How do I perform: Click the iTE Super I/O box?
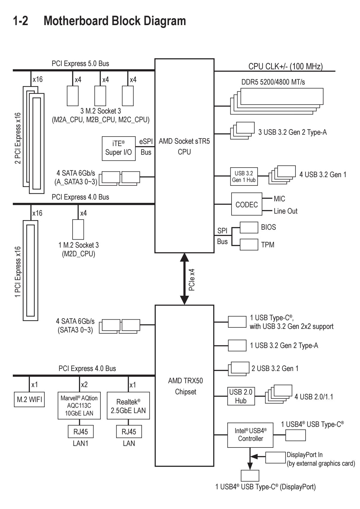(119, 148)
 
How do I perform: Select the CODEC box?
(246, 204)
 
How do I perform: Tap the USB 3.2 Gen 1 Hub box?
(244, 177)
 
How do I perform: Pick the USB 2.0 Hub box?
(241, 396)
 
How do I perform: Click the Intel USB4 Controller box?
(250, 435)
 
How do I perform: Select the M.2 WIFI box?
(29, 399)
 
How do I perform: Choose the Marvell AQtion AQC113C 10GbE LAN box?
(79, 405)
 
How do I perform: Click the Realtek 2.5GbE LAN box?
(128, 405)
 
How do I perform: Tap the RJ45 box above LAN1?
(81, 432)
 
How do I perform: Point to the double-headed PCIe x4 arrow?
(184, 279)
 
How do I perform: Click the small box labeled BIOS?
(249, 227)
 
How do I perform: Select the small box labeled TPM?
(249, 245)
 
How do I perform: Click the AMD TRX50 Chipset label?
(186, 386)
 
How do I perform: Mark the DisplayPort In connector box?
(275, 457)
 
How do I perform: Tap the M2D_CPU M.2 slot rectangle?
(78, 229)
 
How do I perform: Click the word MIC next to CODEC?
(279, 199)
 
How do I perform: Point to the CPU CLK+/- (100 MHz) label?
(285, 66)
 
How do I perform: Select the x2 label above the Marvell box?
(84, 384)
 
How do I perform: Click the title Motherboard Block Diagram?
(115, 21)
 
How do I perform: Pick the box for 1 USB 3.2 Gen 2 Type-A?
(237, 346)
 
